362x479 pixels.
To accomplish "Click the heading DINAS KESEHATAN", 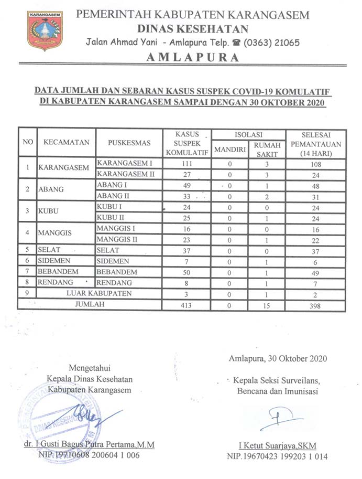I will pyautogui.click(x=193, y=28).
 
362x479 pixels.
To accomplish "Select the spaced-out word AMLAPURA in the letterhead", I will pyautogui.click(x=193, y=58).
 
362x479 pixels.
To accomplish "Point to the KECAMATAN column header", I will pyautogui.click(x=67, y=142).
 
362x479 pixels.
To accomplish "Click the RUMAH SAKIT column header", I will pyautogui.click(x=267, y=150).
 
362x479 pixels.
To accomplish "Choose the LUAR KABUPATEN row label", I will pyautogui.click(x=99, y=293).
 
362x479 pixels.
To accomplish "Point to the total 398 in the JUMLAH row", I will pyautogui.click(x=315, y=304).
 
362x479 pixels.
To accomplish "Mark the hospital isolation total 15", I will pyautogui.click(x=267, y=304).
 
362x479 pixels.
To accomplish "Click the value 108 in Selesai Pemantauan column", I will pyautogui.click(x=315, y=164).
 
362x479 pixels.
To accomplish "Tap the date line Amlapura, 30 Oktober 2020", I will pyautogui.click(x=278, y=359).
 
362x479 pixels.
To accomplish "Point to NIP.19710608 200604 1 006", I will pyautogui.click(x=89, y=455).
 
